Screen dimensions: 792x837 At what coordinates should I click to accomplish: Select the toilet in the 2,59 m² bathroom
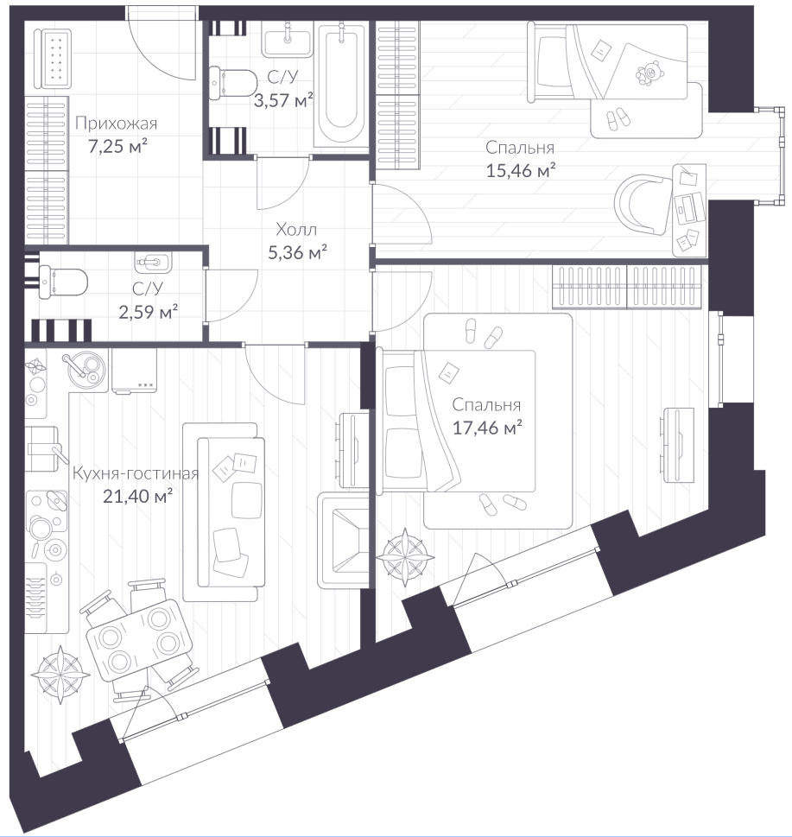pyautogui.click(x=62, y=282)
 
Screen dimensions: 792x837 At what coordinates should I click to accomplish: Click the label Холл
pyautogui.click(x=296, y=230)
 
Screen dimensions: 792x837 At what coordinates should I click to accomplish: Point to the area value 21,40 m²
pyautogui.click(x=137, y=497)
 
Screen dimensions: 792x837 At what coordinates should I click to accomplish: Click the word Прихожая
pyautogui.click(x=117, y=124)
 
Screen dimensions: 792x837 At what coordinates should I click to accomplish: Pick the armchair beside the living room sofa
pyautogui.click(x=343, y=540)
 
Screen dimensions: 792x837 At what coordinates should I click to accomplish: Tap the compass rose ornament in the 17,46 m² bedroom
pyautogui.click(x=405, y=557)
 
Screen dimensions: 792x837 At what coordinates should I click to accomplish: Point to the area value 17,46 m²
pyautogui.click(x=487, y=428)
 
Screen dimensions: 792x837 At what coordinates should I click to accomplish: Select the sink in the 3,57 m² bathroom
pyautogui.click(x=288, y=40)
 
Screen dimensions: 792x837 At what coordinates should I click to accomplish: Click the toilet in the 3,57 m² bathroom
pyautogui.click(x=233, y=84)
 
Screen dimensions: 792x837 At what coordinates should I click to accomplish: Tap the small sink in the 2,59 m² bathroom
pyautogui.click(x=155, y=262)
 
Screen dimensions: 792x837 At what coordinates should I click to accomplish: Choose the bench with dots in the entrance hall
pyautogui.click(x=53, y=58)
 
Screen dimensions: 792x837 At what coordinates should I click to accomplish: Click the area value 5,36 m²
pyautogui.click(x=297, y=252)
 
